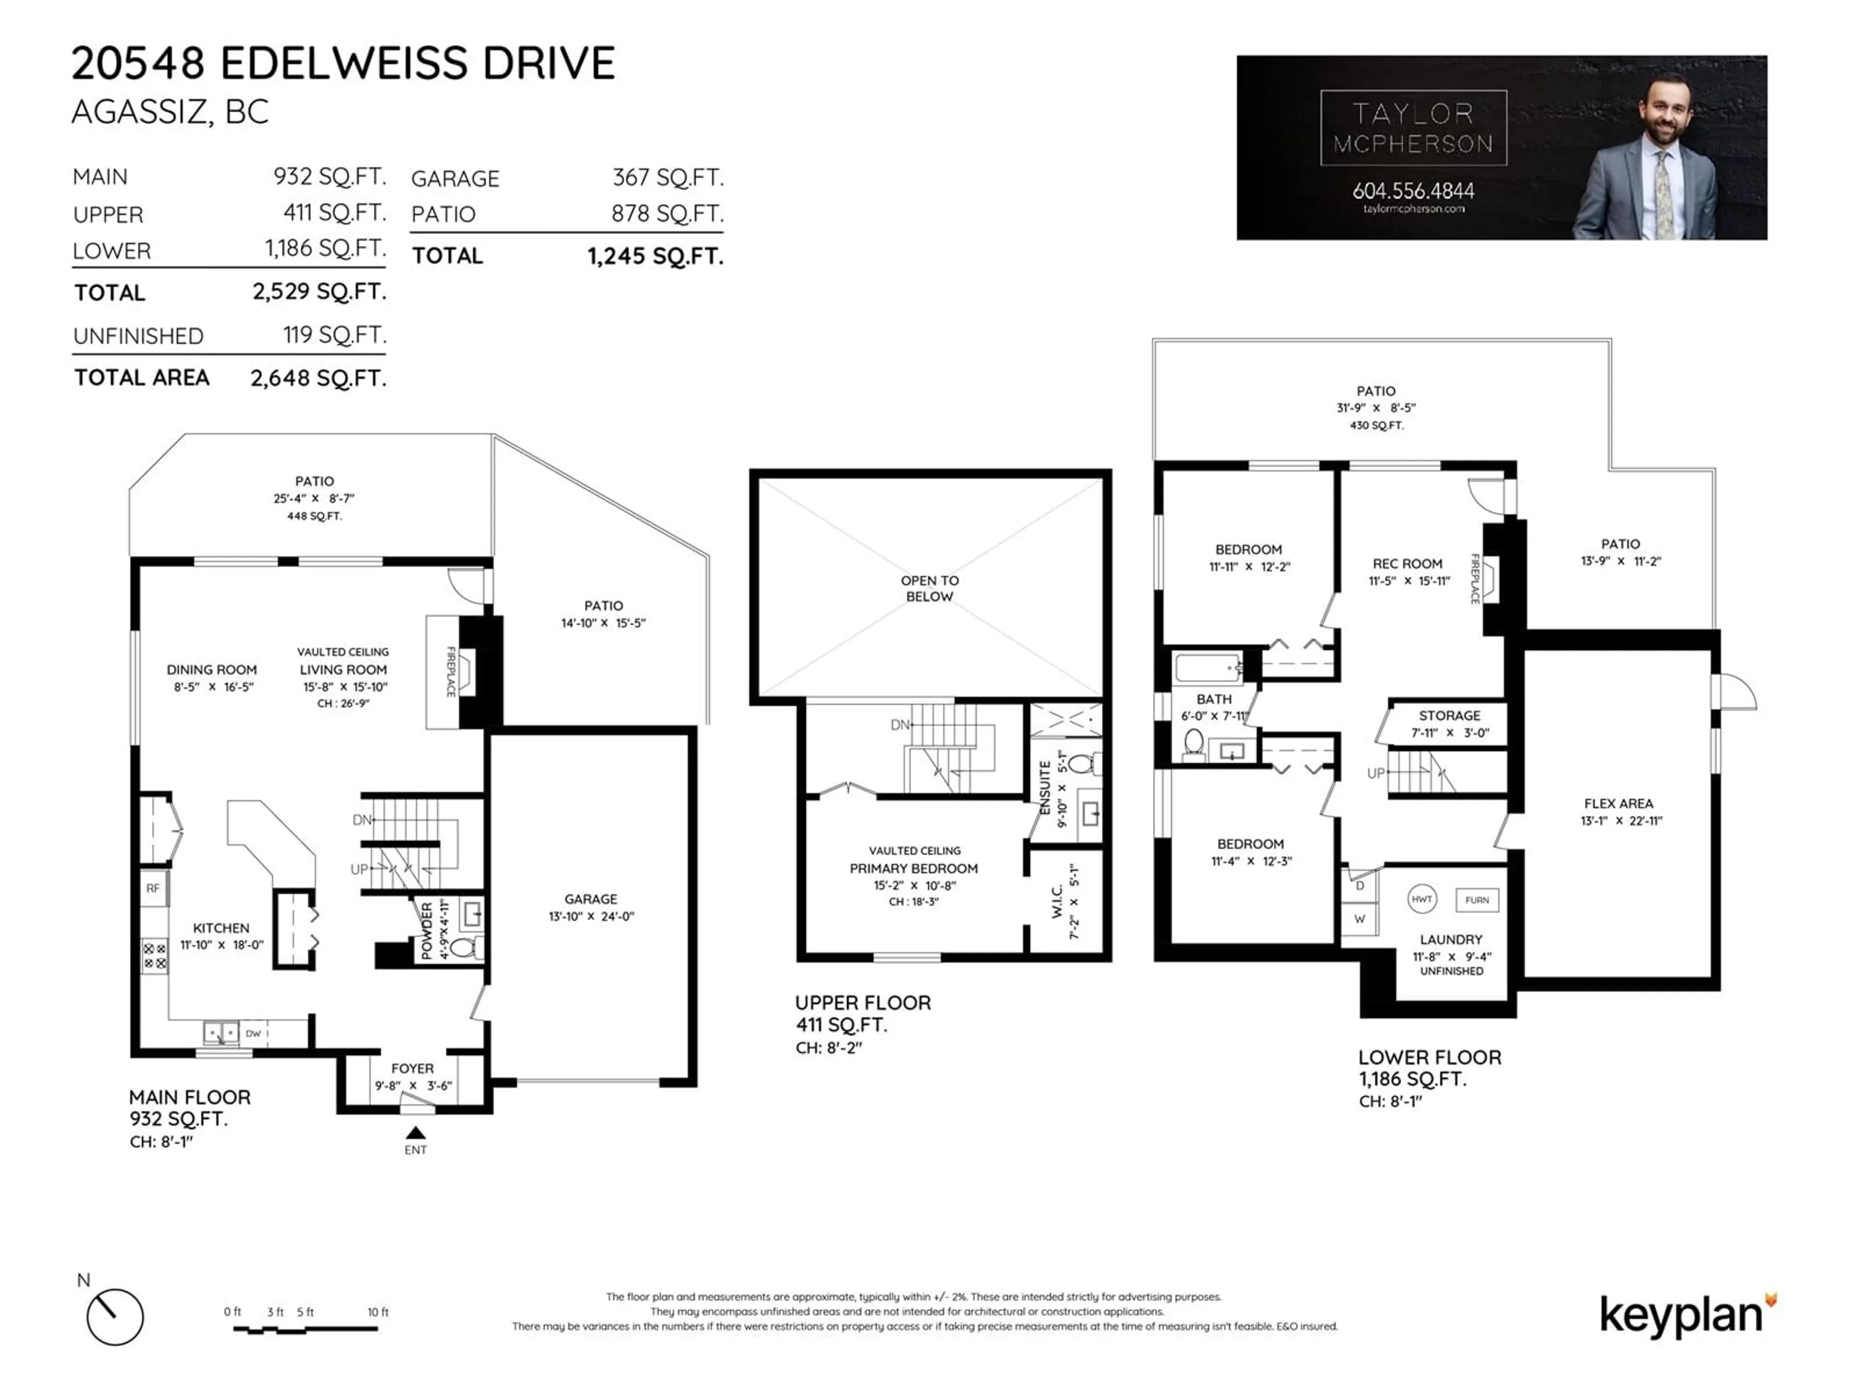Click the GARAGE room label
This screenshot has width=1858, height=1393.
590,899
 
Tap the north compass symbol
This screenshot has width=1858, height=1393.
114,1317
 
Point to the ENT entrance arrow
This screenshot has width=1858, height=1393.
415,1133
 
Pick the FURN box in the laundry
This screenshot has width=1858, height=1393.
1477,900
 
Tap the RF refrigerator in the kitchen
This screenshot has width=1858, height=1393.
153,889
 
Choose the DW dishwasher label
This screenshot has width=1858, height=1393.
254,1034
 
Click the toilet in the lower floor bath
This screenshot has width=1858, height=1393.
1193,742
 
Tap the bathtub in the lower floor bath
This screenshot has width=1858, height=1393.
1208,667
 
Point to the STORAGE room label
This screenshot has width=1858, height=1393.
1450,715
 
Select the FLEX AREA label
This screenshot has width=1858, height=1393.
1618,803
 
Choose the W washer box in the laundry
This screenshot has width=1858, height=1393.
1359,919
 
